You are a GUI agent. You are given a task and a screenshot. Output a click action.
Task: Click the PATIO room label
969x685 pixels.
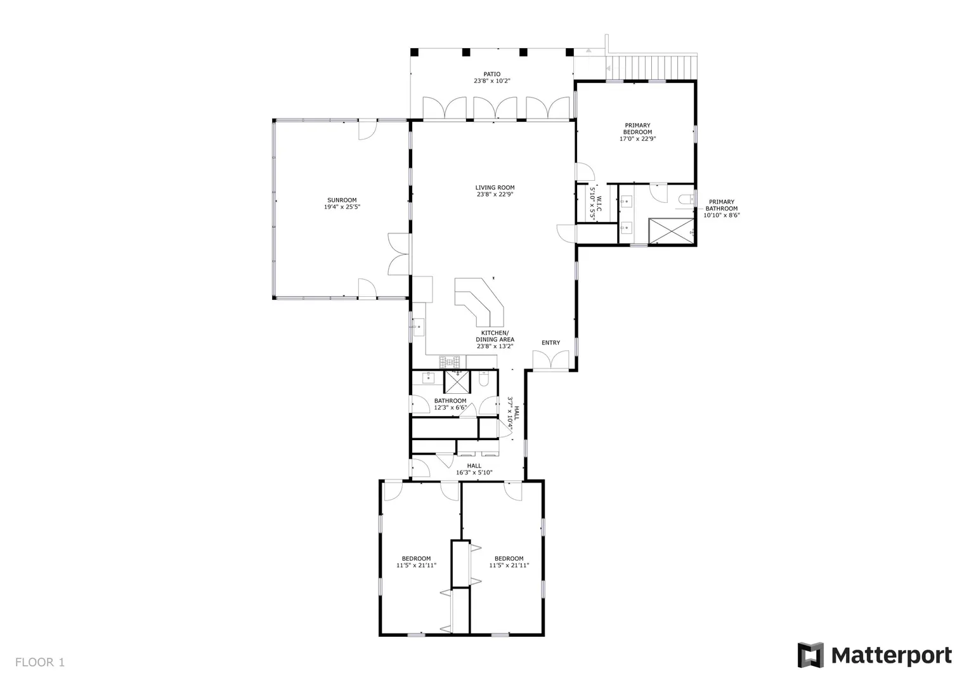[x=492, y=74]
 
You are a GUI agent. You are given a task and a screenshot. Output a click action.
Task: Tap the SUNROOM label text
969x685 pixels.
[x=342, y=200]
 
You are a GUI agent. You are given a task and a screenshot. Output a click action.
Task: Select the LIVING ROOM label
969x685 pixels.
[x=495, y=187]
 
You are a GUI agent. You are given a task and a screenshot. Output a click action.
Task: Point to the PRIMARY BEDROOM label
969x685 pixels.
[x=637, y=129]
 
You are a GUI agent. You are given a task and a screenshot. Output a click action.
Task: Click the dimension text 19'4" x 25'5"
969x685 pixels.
[x=342, y=207]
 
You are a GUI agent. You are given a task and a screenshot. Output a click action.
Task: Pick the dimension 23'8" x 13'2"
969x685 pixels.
[x=495, y=346]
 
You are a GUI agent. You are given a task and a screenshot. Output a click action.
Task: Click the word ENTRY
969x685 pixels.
[x=550, y=342]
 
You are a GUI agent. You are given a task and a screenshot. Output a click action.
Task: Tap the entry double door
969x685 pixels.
[x=550, y=360]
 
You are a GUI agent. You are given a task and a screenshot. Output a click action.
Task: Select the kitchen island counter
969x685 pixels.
[x=479, y=302]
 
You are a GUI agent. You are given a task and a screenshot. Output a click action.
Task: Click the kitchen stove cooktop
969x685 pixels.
[x=450, y=361]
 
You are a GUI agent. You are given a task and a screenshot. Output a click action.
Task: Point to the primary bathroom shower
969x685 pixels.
[x=671, y=231]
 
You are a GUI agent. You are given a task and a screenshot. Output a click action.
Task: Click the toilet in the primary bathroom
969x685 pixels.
[x=686, y=200]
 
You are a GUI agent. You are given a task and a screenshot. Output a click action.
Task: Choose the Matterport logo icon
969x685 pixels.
[x=810, y=655]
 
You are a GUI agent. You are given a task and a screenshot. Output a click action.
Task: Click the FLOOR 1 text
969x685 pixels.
[x=40, y=662]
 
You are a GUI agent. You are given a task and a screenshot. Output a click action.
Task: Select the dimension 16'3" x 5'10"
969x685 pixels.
[x=474, y=473]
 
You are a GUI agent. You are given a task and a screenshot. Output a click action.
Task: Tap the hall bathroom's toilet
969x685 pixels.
[x=484, y=379]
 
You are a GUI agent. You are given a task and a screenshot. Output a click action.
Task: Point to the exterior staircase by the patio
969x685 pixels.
[x=651, y=67]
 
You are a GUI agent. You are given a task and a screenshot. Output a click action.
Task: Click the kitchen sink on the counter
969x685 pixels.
[x=418, y=327]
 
